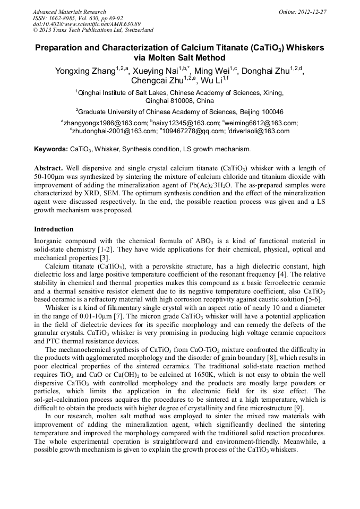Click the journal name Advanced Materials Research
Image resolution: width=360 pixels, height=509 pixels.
pos(69,12)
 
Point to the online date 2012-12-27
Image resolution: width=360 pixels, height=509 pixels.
pos(313,12)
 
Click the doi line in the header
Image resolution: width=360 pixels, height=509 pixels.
pos(87,24)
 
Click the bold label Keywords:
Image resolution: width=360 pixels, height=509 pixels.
pos(50,149)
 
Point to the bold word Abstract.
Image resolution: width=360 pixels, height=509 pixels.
pos(49,168)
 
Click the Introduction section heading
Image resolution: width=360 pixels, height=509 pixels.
pos(54,229)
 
